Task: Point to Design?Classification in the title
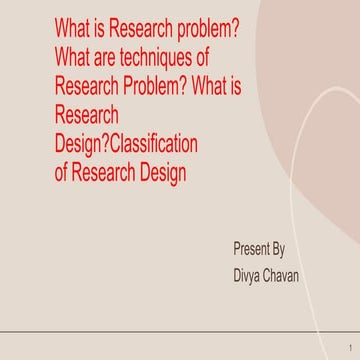point(126,144)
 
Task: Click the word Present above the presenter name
point(252,248)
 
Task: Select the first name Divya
point(249,273)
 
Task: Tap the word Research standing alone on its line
point(87,115)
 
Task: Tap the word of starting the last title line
point(62,172)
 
